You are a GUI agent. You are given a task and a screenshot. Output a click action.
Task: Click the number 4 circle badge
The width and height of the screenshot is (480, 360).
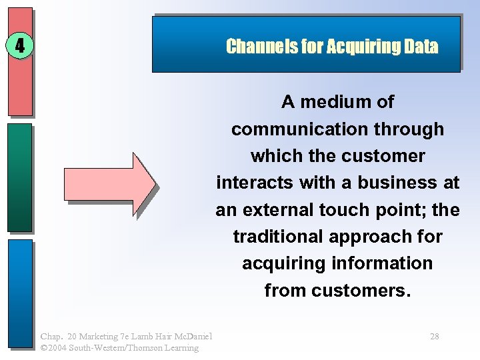[20, 47]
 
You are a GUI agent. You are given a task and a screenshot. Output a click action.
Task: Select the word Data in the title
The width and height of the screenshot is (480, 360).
[421, 46]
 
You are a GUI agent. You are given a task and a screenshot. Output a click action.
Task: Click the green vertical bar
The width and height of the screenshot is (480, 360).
[20, 177]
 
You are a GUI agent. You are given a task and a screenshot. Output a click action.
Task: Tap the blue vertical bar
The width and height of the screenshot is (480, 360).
[20, 293]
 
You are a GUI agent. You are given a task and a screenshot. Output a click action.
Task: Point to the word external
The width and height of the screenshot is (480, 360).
[273, 210]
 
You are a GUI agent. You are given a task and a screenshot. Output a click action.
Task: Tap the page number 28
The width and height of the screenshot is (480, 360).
[434, 337]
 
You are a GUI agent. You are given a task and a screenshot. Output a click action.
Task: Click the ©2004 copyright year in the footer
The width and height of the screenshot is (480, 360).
[55, 347]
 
